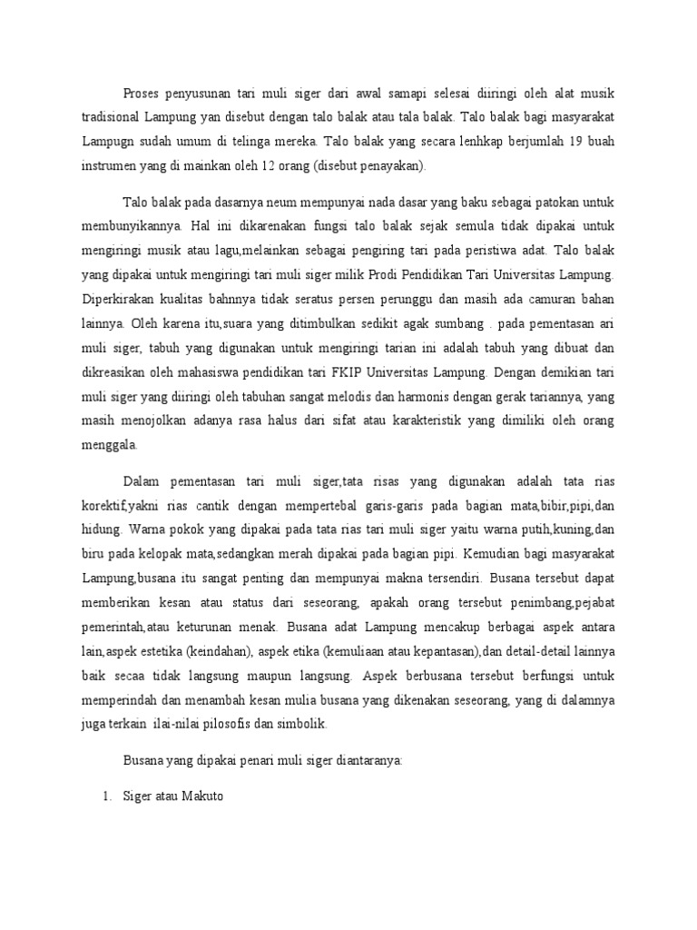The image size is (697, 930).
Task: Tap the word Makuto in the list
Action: [204, 798]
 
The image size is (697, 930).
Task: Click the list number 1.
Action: [105, 798]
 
